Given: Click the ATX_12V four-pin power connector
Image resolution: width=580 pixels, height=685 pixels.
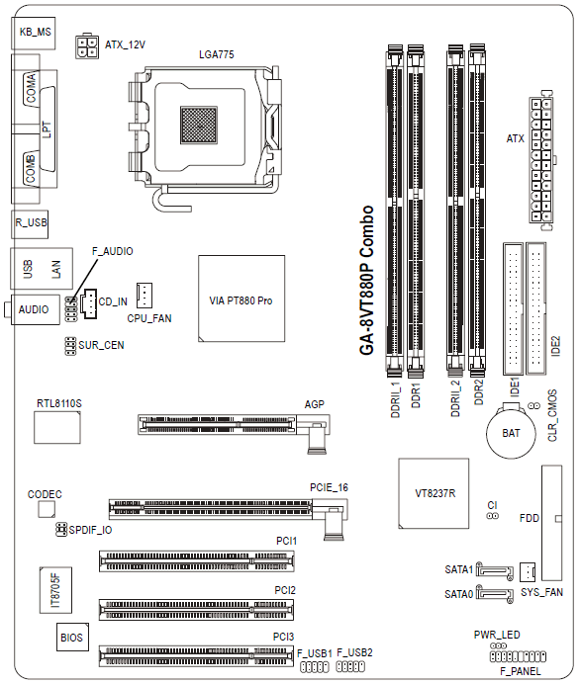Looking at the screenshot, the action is point(87,45).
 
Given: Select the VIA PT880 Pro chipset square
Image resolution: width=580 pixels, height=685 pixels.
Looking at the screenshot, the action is point(242,299).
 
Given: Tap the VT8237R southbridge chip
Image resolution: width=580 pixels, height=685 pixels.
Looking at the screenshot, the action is point(434,493).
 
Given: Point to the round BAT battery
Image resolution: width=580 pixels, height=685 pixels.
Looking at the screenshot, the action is point(511,433).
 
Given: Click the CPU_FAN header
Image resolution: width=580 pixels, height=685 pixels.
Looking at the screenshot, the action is point(144,296).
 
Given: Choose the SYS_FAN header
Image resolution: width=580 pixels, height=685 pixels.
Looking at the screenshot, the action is point(528,571).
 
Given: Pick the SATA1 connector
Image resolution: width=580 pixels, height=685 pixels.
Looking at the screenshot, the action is point(495,570).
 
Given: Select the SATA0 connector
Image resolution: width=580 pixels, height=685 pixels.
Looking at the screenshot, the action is point(495,594).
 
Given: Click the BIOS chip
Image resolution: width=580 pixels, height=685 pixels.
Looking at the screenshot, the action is point(72,638).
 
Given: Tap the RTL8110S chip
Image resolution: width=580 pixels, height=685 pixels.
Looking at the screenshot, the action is point(57,427).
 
